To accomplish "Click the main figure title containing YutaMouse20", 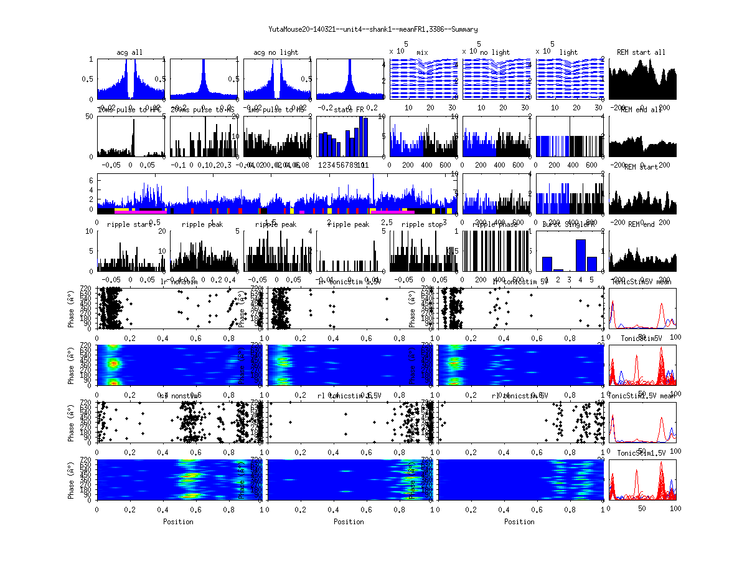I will tap(373, 29).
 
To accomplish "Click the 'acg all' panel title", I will tap(129, 52).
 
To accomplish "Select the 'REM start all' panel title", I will tap(641, 52).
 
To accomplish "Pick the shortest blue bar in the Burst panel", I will tap(558, 270).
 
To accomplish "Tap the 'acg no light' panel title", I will tap(276, 52).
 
